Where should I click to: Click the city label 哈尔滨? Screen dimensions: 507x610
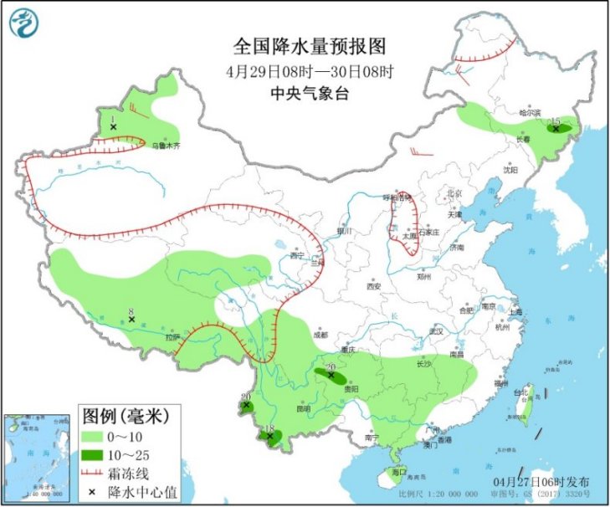point(531,112)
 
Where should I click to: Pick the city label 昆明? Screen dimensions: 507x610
point(303,408)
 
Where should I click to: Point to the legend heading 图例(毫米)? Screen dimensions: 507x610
point(126,415)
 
